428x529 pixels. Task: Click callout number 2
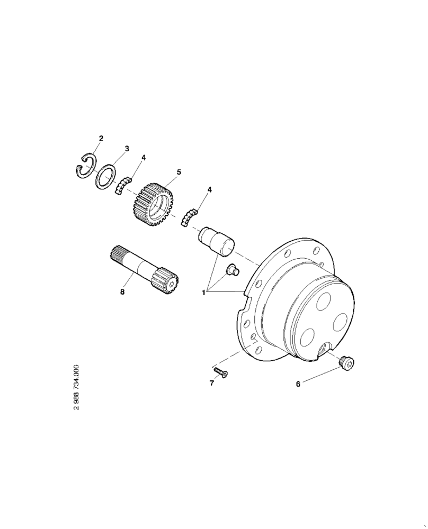click(x=101, y=139)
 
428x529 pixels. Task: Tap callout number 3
click(x=127, y=149)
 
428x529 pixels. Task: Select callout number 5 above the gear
click(x=179, y=172)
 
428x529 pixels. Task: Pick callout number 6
click(x=298, y=385)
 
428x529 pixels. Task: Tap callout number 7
click(x=211, y=383)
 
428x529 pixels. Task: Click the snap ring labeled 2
click(x=83, y=167)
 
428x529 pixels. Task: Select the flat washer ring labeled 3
click(x=106, y=175)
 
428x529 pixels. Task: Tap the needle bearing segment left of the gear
click(x=122, y=186)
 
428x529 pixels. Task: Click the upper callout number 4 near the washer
click(x=144, y=158)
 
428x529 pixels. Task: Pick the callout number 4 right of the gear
click(x=210, y=189)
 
